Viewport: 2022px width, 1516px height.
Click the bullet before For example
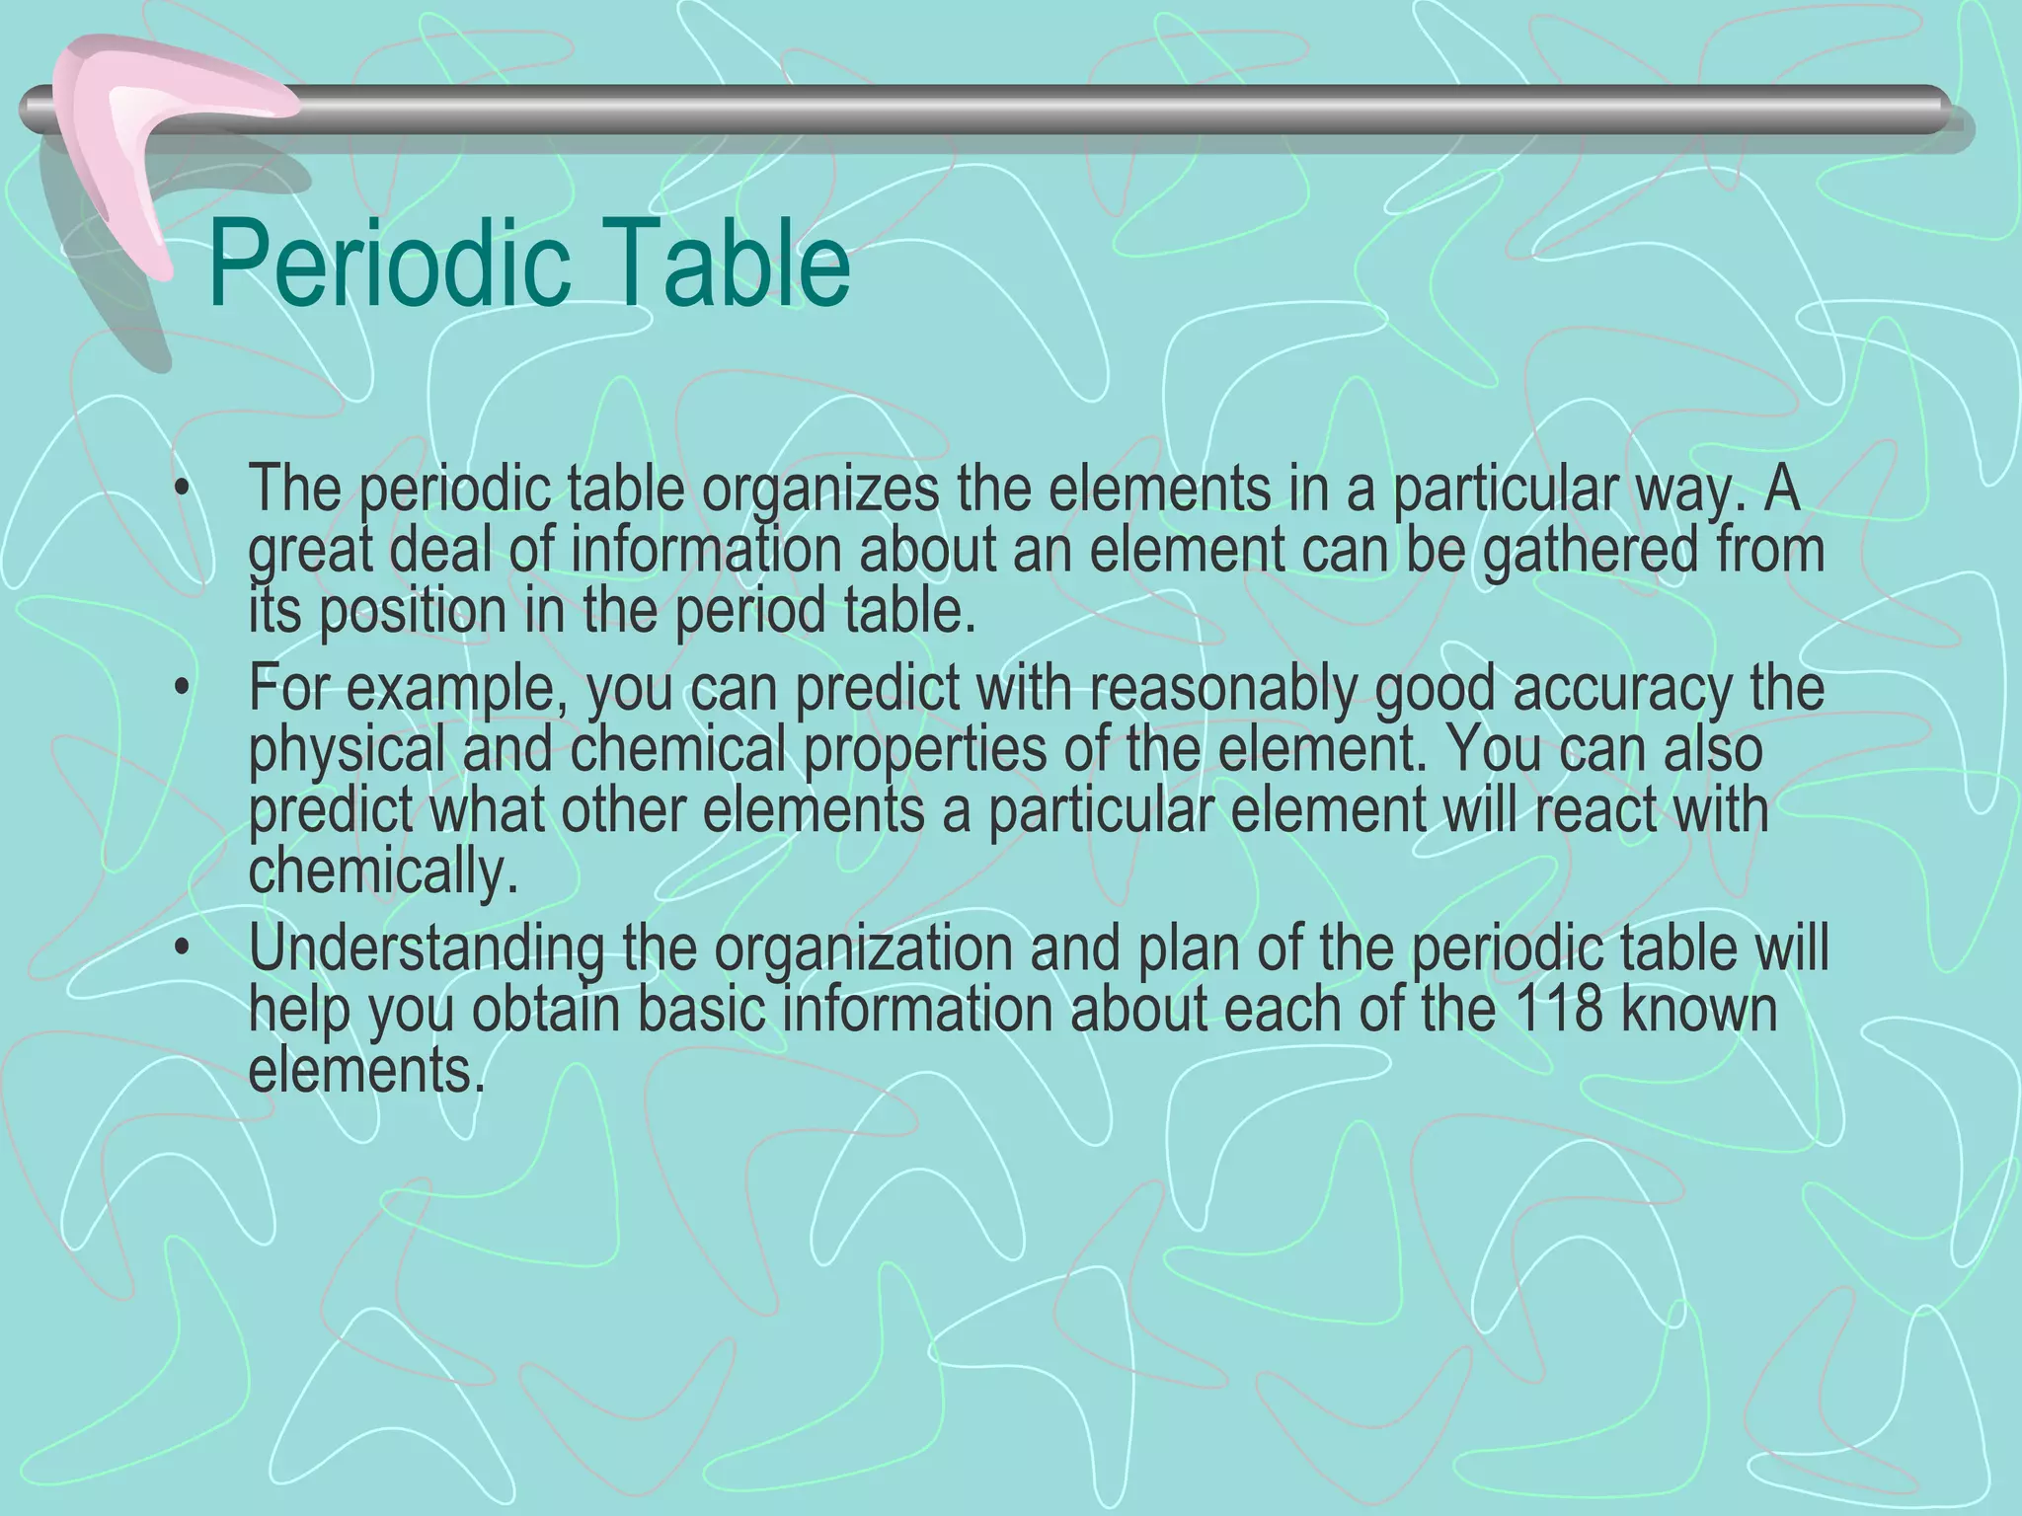click(x=180, y=690)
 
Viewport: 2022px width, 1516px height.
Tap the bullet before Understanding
click(x=180, y=948)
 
